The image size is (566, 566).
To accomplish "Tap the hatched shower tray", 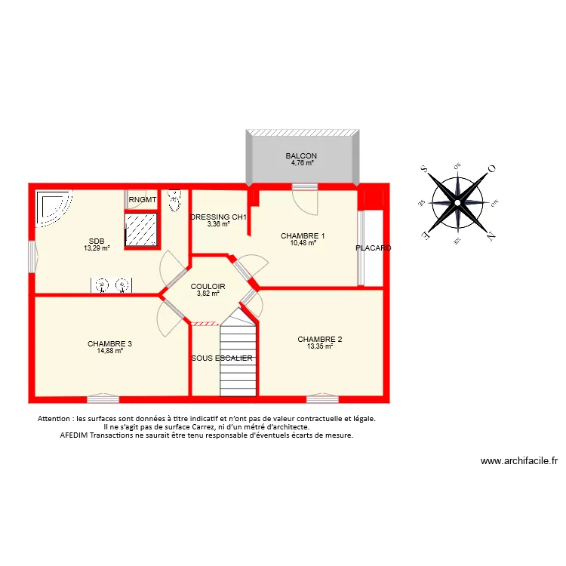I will (142, 229).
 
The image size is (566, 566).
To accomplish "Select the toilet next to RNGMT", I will (175, 201).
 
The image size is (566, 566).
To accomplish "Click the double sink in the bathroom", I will (111, 285).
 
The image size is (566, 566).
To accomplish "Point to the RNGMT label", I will (143, 200).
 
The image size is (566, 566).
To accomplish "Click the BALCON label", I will (300, 155).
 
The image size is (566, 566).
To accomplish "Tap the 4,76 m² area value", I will (300, 162).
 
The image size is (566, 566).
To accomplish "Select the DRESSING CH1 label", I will (219, 217).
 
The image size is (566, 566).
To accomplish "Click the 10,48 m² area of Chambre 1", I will (303, 243).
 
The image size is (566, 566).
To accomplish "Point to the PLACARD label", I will (374, 248).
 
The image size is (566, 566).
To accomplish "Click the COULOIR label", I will (208, 286).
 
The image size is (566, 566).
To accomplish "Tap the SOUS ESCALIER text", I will (222, 358).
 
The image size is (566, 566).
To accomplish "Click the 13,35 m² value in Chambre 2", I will (319, 346).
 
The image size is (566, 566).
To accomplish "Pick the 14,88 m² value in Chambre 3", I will (109, 351).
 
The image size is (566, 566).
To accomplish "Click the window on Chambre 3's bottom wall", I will (103, 398).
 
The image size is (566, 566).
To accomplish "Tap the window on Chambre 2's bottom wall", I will (321, 398).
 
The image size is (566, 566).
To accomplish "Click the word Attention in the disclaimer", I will (54, 418).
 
